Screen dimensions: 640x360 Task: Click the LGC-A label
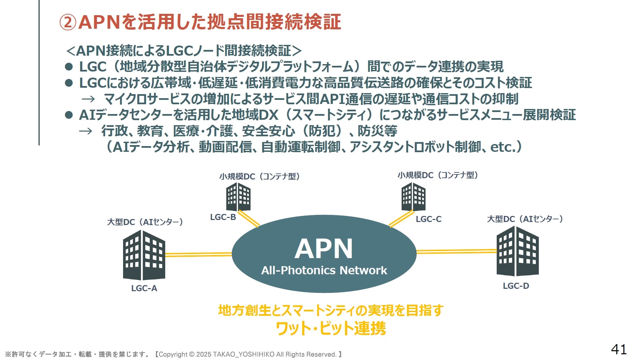click(144, 288)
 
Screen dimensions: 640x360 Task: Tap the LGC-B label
click(223, 217)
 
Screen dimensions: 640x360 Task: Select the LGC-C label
click(428, 219)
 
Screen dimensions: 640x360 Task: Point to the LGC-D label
click(516, 286)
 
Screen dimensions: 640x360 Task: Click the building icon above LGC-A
click(144, 255)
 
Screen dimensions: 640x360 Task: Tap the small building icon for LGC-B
click(238, 197)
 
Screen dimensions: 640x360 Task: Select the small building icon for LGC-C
click(413, 197)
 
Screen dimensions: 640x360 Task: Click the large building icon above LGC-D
click(518, 251)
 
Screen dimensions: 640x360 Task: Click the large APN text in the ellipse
click(324, 249)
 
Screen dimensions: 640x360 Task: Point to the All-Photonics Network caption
click(324, 270)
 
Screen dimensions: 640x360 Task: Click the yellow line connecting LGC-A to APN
click(199, 254)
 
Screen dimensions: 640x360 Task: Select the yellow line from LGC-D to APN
click(457, 251)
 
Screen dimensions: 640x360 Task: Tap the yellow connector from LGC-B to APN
click(249, 219)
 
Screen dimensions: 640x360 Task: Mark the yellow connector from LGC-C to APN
click(401, 219)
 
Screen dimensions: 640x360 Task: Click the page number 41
click(619, 350)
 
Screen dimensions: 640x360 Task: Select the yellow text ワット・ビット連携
click(331, 328)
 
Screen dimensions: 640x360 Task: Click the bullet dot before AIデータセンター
click(69, 115)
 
